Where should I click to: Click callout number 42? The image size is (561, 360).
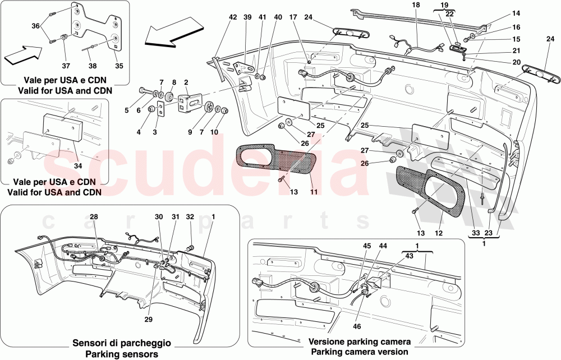(x=233, y=17)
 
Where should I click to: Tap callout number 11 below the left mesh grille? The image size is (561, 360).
(x=314, y=192)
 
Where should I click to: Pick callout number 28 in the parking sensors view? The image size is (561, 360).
(x=94, y=216)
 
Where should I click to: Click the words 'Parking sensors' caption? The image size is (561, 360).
(x=122, y=354)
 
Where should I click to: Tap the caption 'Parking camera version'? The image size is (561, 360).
(x=360, y=352)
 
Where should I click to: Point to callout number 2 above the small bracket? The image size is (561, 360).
(x=185, y=82)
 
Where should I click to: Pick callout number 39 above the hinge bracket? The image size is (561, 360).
(x=247, y=17)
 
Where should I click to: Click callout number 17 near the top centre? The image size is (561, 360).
(x=308, y=17)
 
